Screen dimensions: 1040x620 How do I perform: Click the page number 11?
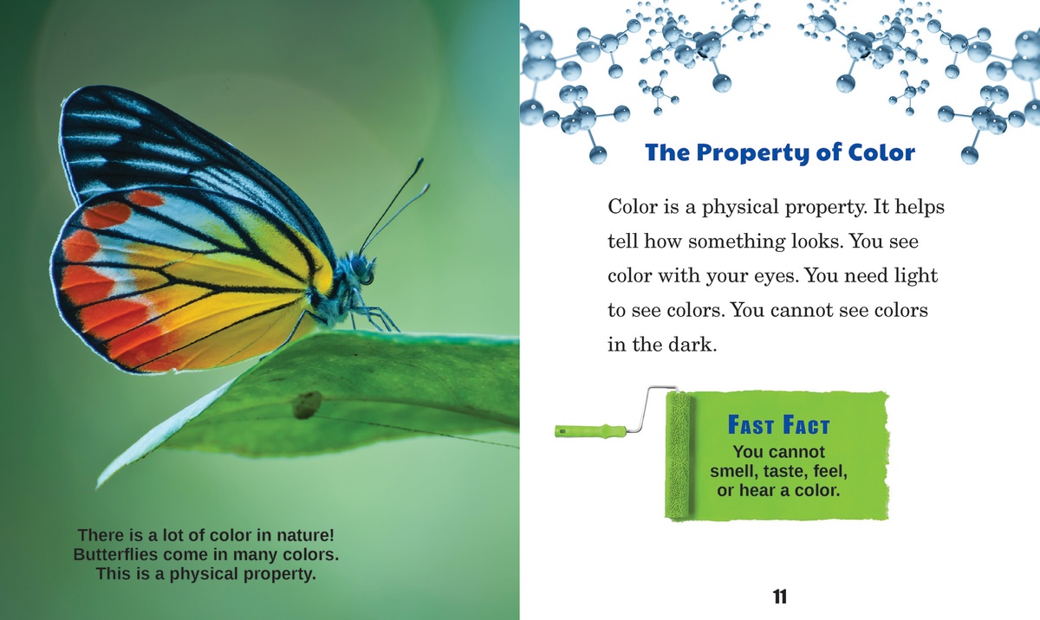coord(779,597)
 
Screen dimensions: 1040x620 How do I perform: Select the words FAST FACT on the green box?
coord(778,425)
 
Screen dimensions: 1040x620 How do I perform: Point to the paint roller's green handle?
coord(590,430)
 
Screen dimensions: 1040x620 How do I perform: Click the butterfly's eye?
coord(359,266)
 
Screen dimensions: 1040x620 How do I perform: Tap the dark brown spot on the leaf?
coord(307,404)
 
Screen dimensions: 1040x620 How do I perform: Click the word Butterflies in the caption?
coord(115,554)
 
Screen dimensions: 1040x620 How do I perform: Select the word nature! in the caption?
coord(305,535)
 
